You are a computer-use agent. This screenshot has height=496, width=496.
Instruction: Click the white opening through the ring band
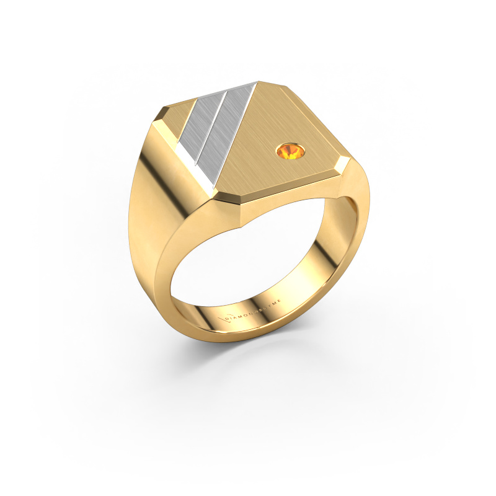coord(248,260)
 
